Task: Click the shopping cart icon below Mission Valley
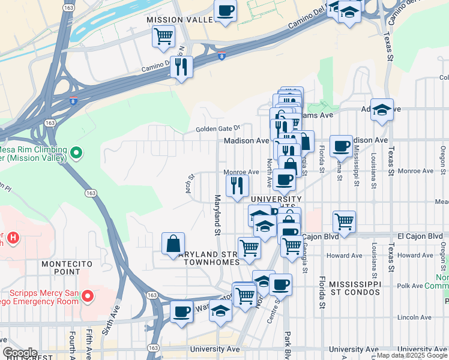(163, 37)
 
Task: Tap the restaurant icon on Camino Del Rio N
(181, 67)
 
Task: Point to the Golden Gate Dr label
(218, 128)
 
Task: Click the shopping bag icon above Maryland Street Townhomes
(173, 244)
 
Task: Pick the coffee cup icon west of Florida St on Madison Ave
(341, 145)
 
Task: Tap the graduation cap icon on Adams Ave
(381, 110)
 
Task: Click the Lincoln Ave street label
(411, 317)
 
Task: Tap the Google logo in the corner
(19, 353)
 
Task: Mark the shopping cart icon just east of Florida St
(345, 221)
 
